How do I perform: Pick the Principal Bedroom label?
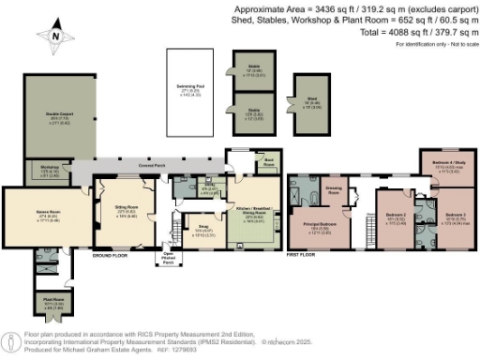tap(322, 230)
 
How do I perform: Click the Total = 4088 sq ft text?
tap(416, 31)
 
